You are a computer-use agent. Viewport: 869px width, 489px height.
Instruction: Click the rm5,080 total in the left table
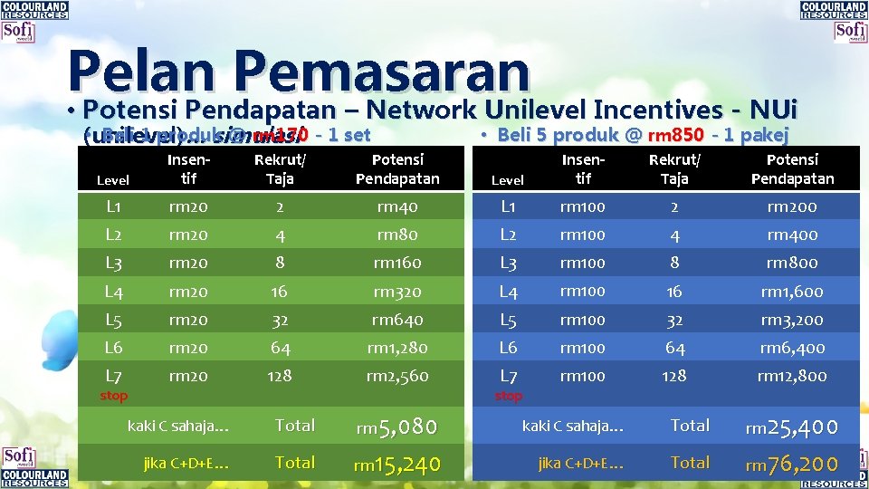click(x=396, y=427)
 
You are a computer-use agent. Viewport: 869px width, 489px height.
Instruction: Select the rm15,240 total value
click(x=396, y=465)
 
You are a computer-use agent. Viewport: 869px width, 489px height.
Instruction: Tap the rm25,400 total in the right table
click(x=791, y=427)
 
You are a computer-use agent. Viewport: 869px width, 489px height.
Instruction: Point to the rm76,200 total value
click(x=791, y=465)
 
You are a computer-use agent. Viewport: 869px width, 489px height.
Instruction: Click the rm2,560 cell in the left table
click(x=397, y=376)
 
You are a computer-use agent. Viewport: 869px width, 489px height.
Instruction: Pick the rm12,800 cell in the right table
click(x=792, y=376)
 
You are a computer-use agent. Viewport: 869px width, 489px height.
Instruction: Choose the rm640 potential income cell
click(x=397, y=320)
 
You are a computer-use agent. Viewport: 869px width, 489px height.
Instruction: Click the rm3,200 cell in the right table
click(x=792, y=320)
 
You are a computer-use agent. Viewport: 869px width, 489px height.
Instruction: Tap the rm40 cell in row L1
click(x=397, y=206)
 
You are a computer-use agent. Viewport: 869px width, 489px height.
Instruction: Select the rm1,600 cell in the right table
click(x=792, y=292)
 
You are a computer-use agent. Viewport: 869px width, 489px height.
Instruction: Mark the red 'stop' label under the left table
click(x=114, y=396)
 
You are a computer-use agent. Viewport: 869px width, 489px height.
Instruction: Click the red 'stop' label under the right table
click(x=509, y=396)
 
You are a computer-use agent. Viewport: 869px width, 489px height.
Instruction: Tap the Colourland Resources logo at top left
click(x=34, y=10)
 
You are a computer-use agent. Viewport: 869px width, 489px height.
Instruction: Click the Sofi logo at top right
click(x=850, y=33)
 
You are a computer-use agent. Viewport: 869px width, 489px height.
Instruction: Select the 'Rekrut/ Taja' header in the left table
click(x=280, y=169)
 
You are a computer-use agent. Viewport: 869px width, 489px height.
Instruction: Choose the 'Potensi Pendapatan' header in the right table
click(x=792, y=169)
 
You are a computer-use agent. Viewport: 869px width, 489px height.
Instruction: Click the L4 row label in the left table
click(x=114, y=292)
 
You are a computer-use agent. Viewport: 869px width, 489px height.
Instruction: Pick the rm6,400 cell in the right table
click(x=792, y=348)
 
